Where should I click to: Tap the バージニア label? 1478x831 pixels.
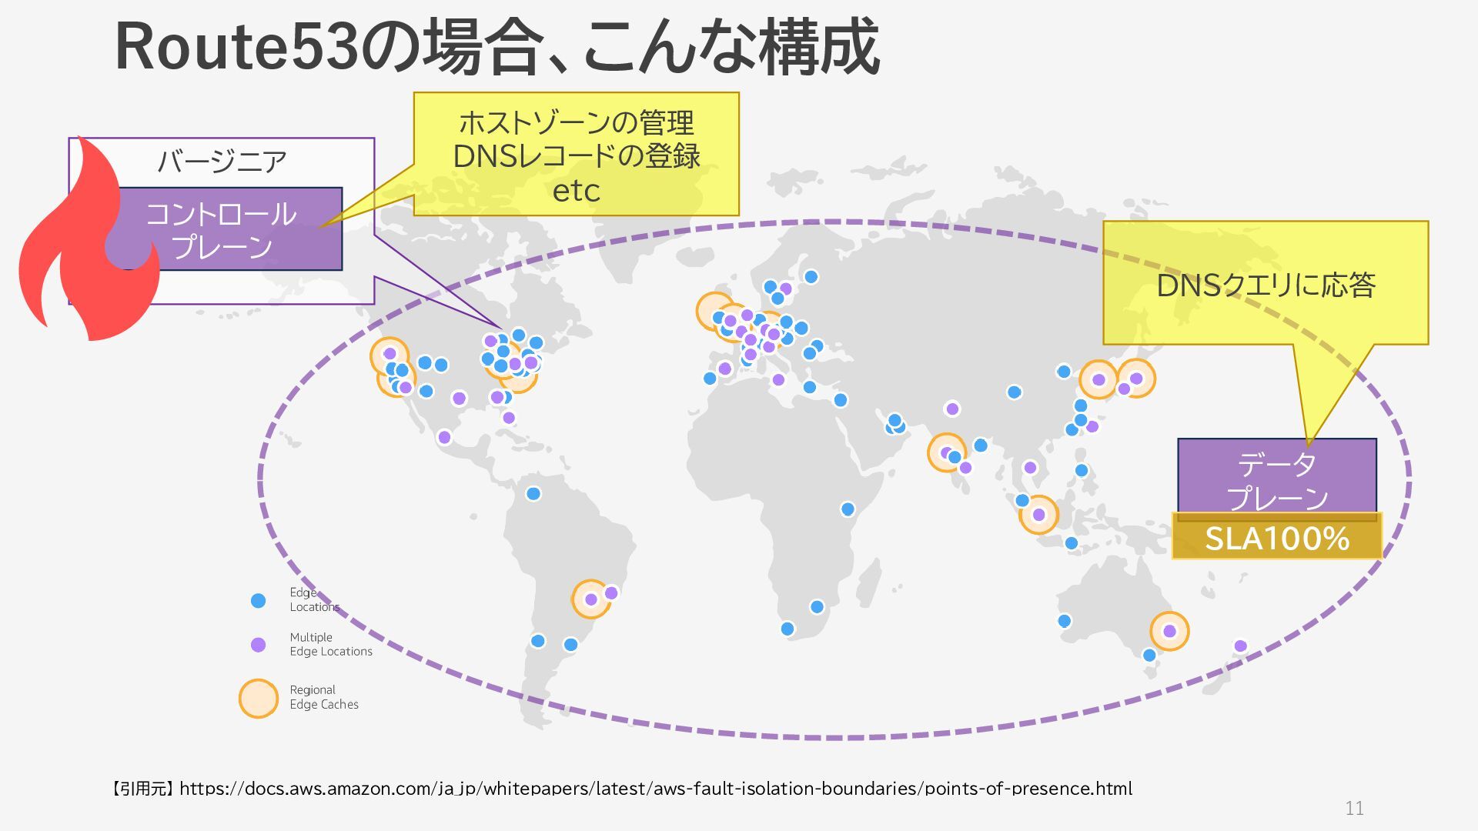[222, 162]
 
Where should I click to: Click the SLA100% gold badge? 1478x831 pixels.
[1276, 538]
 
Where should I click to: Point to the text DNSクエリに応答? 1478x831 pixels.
[1266, 285]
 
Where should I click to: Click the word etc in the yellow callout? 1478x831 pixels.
[576, 191]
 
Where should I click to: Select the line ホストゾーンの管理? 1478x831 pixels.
[576, 123]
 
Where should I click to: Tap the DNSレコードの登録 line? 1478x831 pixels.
[576, 157]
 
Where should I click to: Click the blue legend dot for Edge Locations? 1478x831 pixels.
[259, 600]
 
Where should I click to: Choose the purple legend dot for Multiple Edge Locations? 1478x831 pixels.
[259, 645]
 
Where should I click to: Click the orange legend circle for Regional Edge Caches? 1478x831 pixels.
[259, 698]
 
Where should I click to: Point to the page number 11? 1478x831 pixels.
[1354, 809]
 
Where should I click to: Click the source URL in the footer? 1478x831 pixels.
[655, 789]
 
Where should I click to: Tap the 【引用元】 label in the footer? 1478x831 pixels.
[143, 789]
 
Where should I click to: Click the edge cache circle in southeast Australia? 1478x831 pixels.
[1169, 631]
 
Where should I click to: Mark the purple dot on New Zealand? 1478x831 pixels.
[1240, 646]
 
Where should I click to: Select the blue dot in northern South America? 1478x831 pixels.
[533, 493]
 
